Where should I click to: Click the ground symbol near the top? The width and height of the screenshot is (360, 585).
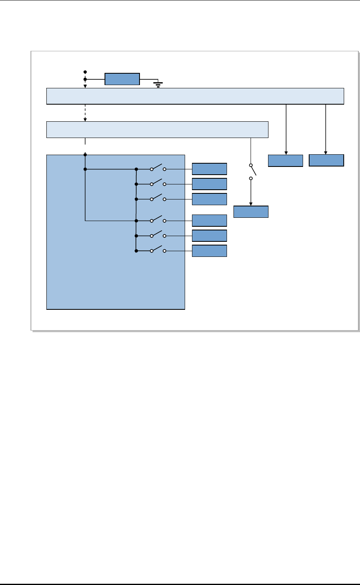point(158,84)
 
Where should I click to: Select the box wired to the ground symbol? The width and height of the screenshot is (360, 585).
point(122,79)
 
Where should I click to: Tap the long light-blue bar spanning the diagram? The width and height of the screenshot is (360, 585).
point(195,96)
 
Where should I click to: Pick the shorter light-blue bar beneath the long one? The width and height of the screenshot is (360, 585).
point(157,129)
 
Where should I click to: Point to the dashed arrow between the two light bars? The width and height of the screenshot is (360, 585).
point(85,113)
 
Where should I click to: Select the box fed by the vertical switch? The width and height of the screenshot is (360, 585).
point(251,212)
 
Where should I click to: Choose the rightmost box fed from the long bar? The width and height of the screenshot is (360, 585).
point(326,160)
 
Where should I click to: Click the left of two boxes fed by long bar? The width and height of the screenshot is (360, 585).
point(286,161)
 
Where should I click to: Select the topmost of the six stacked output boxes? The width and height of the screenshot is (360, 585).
point(209,169)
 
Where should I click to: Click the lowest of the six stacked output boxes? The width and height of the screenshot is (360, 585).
point(209,251)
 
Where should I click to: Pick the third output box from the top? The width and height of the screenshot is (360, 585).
point(209,199)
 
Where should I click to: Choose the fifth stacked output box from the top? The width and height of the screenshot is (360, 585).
point(209,236)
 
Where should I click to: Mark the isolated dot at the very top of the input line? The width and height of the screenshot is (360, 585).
point(85,72)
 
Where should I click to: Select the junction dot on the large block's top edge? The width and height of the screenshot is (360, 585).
point(85,155)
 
